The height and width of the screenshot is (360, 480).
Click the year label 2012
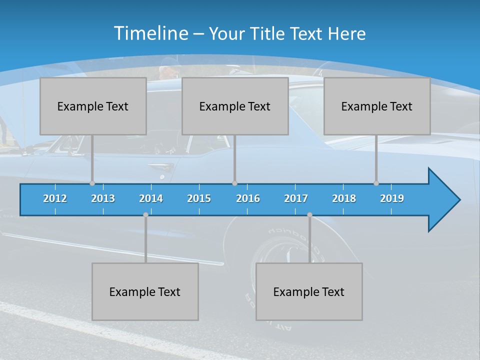click(x=55, y=198)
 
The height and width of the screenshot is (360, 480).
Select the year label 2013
click(x=103, y=198)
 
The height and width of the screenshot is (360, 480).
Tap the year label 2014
click(x=151, y=198)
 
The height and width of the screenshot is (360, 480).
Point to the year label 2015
click(x=199, y=198)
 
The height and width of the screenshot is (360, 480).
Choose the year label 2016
click(x=248, y=198)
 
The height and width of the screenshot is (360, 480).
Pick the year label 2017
click(x=296, y=198)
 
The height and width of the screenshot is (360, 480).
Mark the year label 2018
click(x=344, y=198)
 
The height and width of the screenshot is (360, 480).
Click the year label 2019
click(x=392, y=198)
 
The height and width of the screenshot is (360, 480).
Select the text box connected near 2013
click(x=93, y=106)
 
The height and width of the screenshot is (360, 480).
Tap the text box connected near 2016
click(x=235, y=106)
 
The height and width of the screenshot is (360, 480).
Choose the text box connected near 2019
click(x=377, y=106)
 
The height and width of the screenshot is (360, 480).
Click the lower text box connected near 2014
click(x=145, y=291)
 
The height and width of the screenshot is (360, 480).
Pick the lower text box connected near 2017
click(x=309, y=291)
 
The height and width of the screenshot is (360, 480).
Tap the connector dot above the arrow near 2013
click(x=92, y=183)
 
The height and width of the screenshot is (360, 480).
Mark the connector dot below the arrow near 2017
click(x=309, y=215)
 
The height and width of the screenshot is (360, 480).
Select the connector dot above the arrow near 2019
click(x=376, y=183)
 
